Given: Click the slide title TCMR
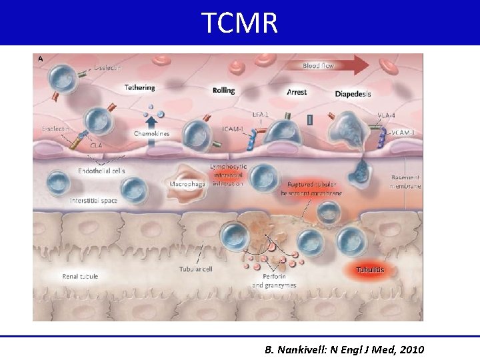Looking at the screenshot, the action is pos(239,23).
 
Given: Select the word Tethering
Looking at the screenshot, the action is pos(139,87).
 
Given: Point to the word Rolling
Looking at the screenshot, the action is pos(223,91).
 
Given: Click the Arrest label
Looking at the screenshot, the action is pos(296,91).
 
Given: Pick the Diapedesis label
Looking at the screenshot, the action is pos(354,93).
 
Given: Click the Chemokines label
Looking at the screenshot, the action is pos(151,133).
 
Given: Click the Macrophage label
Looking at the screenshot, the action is pos(186,183).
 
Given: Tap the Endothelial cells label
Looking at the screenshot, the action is pos(101,171).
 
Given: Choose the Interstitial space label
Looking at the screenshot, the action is pos(94,201).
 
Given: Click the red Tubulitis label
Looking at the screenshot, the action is pos(370,270).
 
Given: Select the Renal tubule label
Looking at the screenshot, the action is pos(80,276).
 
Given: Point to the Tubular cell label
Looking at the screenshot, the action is pos(195,269).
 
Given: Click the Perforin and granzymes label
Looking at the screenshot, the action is pos(275,280).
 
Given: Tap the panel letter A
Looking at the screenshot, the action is pos(41,59).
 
